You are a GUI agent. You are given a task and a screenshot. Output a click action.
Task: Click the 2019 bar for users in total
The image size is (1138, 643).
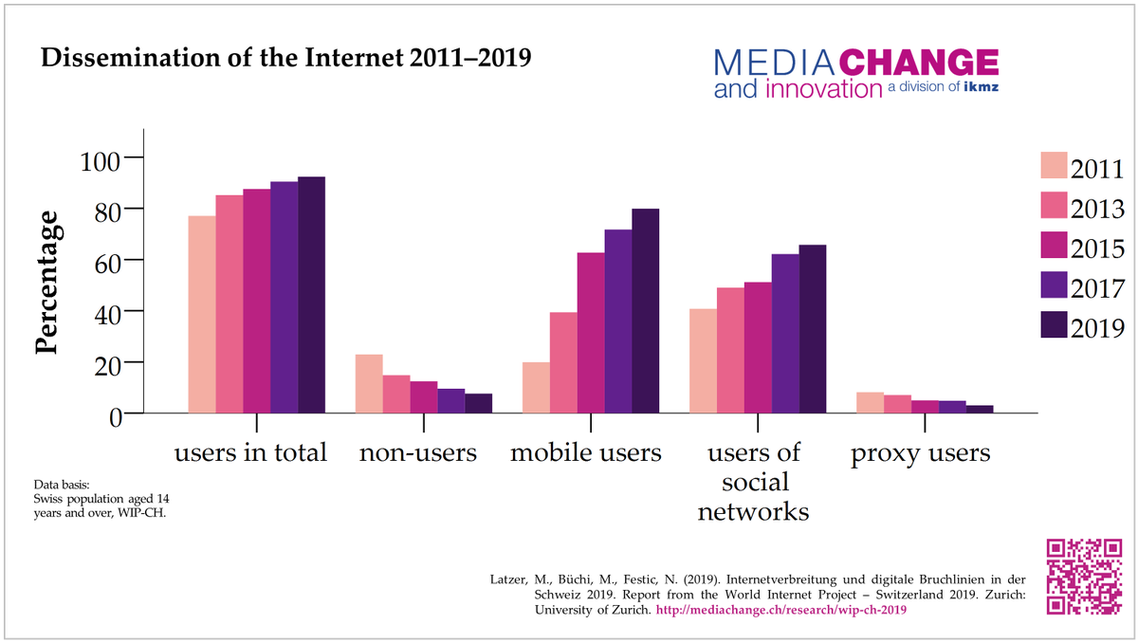coord(311,295)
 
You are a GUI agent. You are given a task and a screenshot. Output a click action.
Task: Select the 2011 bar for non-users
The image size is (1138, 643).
coord(369,383)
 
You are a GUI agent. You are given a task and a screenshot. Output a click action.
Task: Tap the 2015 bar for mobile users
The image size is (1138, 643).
coord(591,332)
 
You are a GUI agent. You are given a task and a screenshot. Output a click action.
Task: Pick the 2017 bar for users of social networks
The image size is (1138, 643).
coord(785,333)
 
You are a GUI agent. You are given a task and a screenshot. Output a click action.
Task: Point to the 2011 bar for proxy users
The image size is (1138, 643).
coord(870,402)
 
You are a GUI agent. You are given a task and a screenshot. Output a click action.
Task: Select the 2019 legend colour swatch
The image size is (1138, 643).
coord(1053,325)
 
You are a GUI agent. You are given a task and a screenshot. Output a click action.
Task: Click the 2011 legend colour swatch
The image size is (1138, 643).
coord(1053,166)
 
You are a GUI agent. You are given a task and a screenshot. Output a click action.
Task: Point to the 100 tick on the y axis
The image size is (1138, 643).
coord(136,156)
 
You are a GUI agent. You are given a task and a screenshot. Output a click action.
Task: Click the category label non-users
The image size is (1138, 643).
coord(417,453)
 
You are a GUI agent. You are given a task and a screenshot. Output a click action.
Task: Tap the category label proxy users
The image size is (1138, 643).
coord(920,453)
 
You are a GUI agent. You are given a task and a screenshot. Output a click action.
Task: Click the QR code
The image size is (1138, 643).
coord(1083,578)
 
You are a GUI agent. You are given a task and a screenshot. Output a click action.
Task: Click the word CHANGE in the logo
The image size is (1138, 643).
coord(919,64)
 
